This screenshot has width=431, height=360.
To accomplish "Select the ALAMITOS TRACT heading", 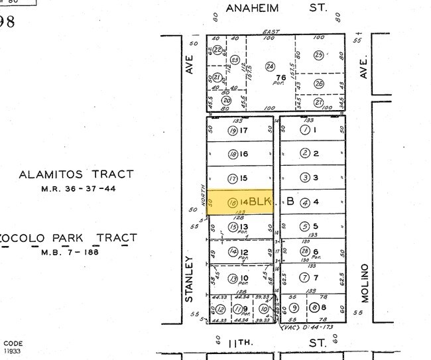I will pyautogui.click(x=76, y=175).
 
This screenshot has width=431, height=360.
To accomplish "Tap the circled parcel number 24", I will pyautogui.click(x=270, y=66).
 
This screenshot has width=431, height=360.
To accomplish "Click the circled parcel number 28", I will pyautogui.click(x=305, y=252).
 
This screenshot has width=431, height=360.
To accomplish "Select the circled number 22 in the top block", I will pyautogui.click(x=217, y=50).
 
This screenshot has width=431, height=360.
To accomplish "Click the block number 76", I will pyautogui.click(x=281, y=78).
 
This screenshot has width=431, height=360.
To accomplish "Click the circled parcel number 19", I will pyautogui.click(x=233, y=131).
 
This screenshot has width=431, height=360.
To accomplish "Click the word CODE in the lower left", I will pyautogui.click(x=13, y=343).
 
